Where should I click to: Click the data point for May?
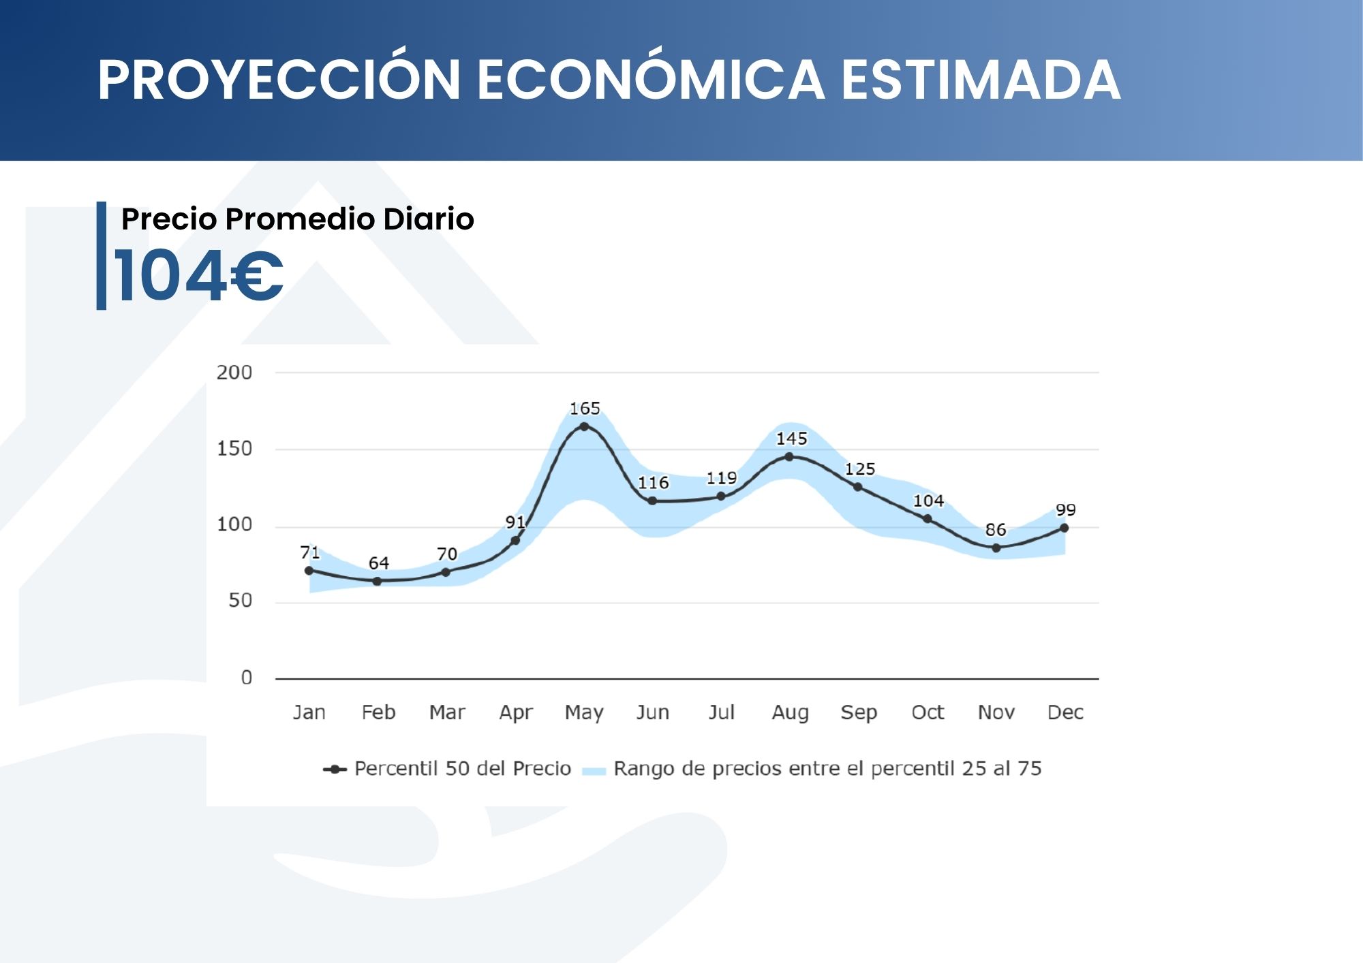coord(584,426)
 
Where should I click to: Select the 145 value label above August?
coord(791,439)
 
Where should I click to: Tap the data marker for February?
coord(377,581)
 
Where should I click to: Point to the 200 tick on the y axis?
coord(234,373)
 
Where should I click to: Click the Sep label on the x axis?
coord(859,712)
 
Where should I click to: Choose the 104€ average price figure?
coord(198,275)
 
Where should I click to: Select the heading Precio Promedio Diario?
coord(297,219)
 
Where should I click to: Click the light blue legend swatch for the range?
coord(594,770)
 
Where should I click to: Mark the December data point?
coord(1064,528)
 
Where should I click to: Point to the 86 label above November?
coord(996,530)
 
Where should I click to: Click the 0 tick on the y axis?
coord(247,678)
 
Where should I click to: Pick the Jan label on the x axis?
coord(309,712)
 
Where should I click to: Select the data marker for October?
coord(928,519)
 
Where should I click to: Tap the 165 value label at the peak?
coord(585,409)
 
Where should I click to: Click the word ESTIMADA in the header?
coord(981,80)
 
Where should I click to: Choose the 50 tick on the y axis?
coord(240,601)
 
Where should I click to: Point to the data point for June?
coord(652,501)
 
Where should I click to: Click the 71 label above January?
coord(309,552)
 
